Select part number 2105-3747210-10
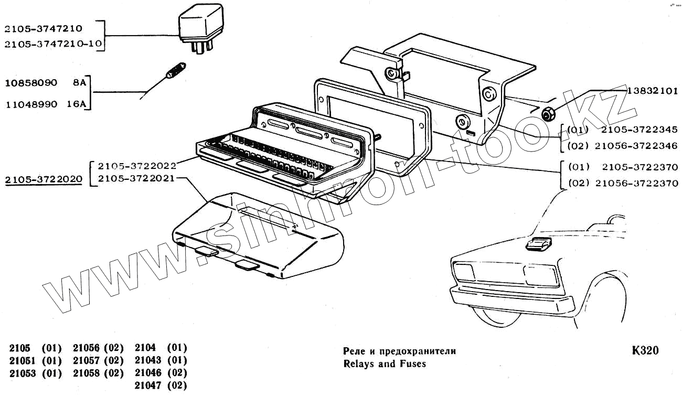tap(52, 44)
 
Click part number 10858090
tap(31, 83)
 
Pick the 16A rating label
tap(77, 104)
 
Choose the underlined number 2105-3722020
tap(44, 179)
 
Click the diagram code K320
tap(645, 351)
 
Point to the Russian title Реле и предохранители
tap(399, 351)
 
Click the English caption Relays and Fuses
tap(384, 363)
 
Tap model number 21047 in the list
tap(146, 386)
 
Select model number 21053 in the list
tap(20, 373)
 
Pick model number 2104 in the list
tap(145, 348)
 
